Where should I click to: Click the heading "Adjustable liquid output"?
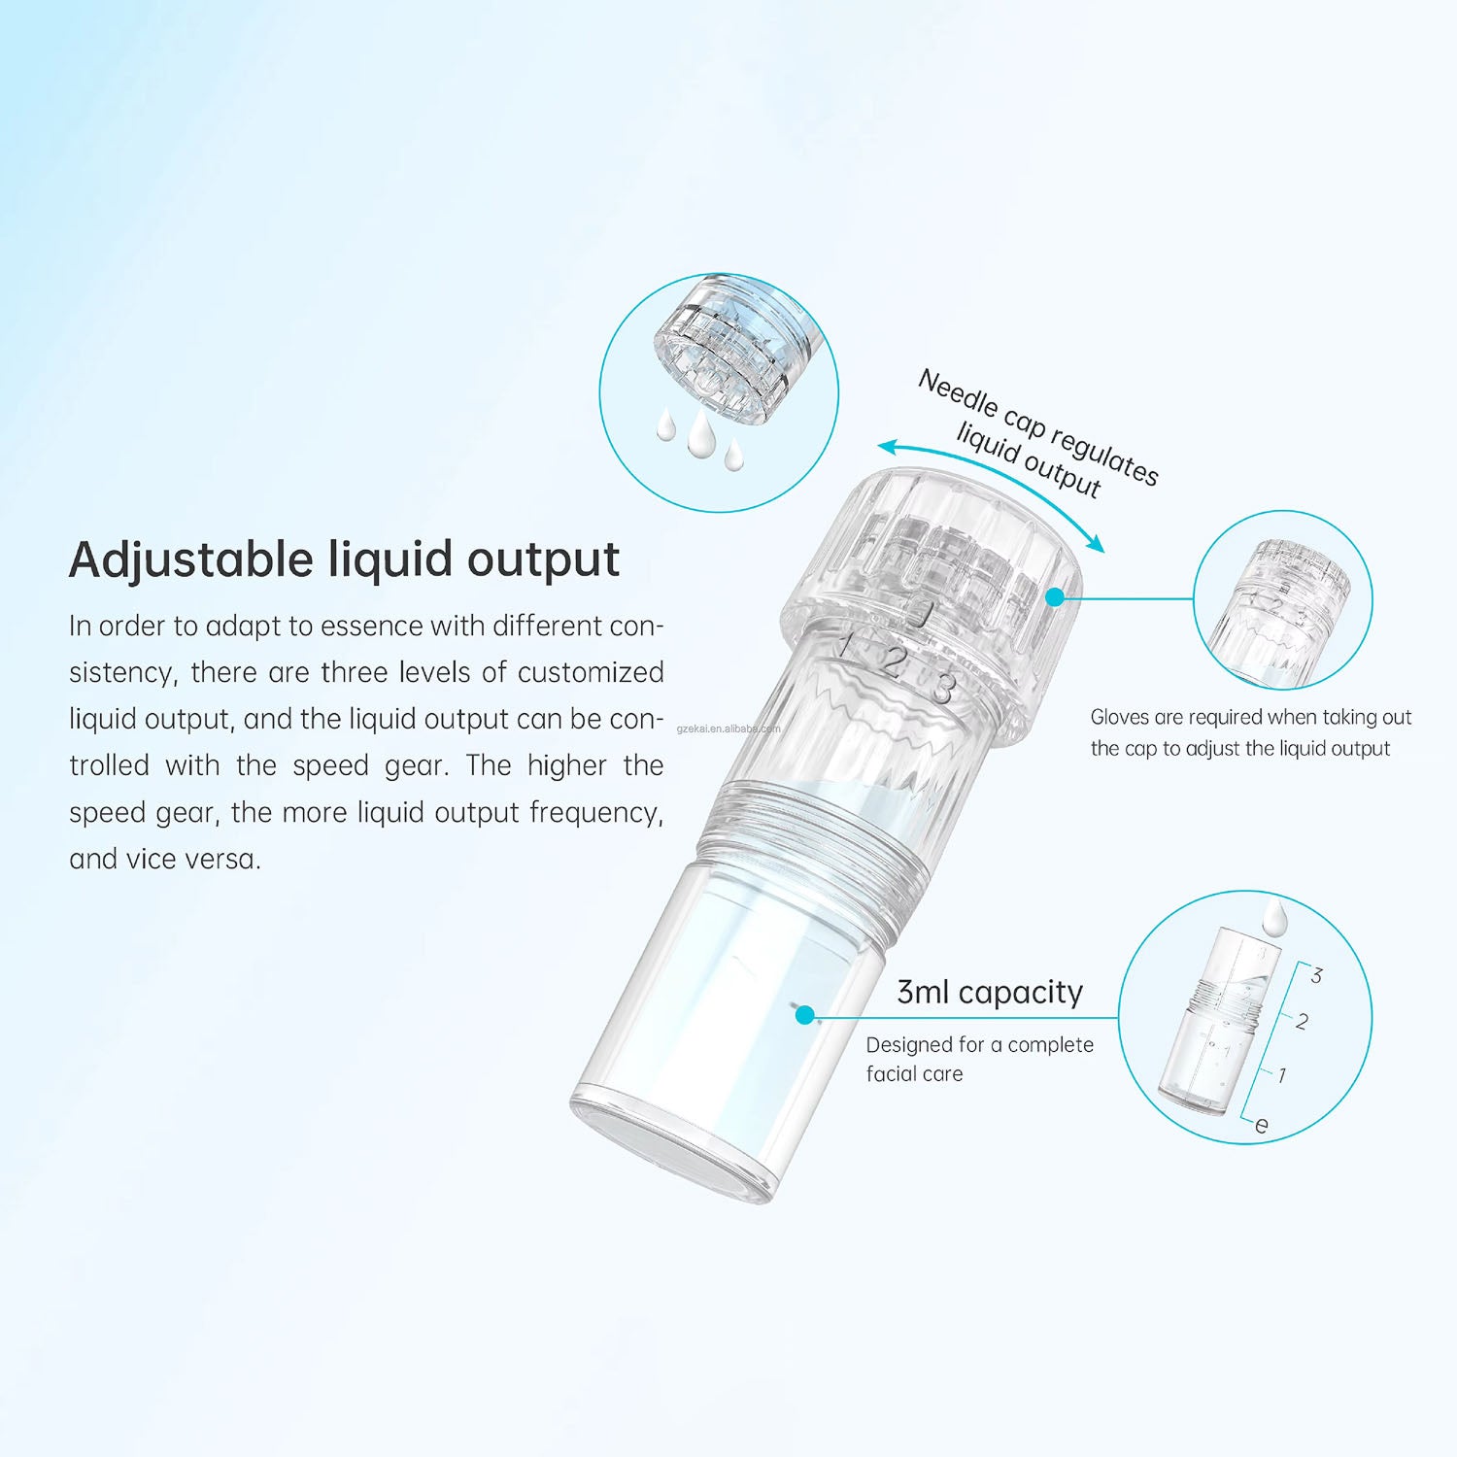click(344, 559)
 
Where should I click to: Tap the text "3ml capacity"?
click(989, 992)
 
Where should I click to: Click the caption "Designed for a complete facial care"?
click(979, 1059)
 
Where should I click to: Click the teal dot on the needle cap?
click(1055, 598)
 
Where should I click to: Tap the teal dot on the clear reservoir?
click(804, 1015)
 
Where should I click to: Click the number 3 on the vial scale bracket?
click(1316, 975)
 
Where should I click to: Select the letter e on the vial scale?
click(1261, 1125)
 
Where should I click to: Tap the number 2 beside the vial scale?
click(1302, 1021)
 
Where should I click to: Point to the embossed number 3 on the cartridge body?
click(941, 687)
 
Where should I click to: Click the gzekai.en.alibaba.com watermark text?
click(728, 728)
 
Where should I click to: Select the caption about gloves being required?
click(1250, 732)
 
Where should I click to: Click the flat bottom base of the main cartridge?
click(672, 1146)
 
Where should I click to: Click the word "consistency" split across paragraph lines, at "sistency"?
click(122, 672)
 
